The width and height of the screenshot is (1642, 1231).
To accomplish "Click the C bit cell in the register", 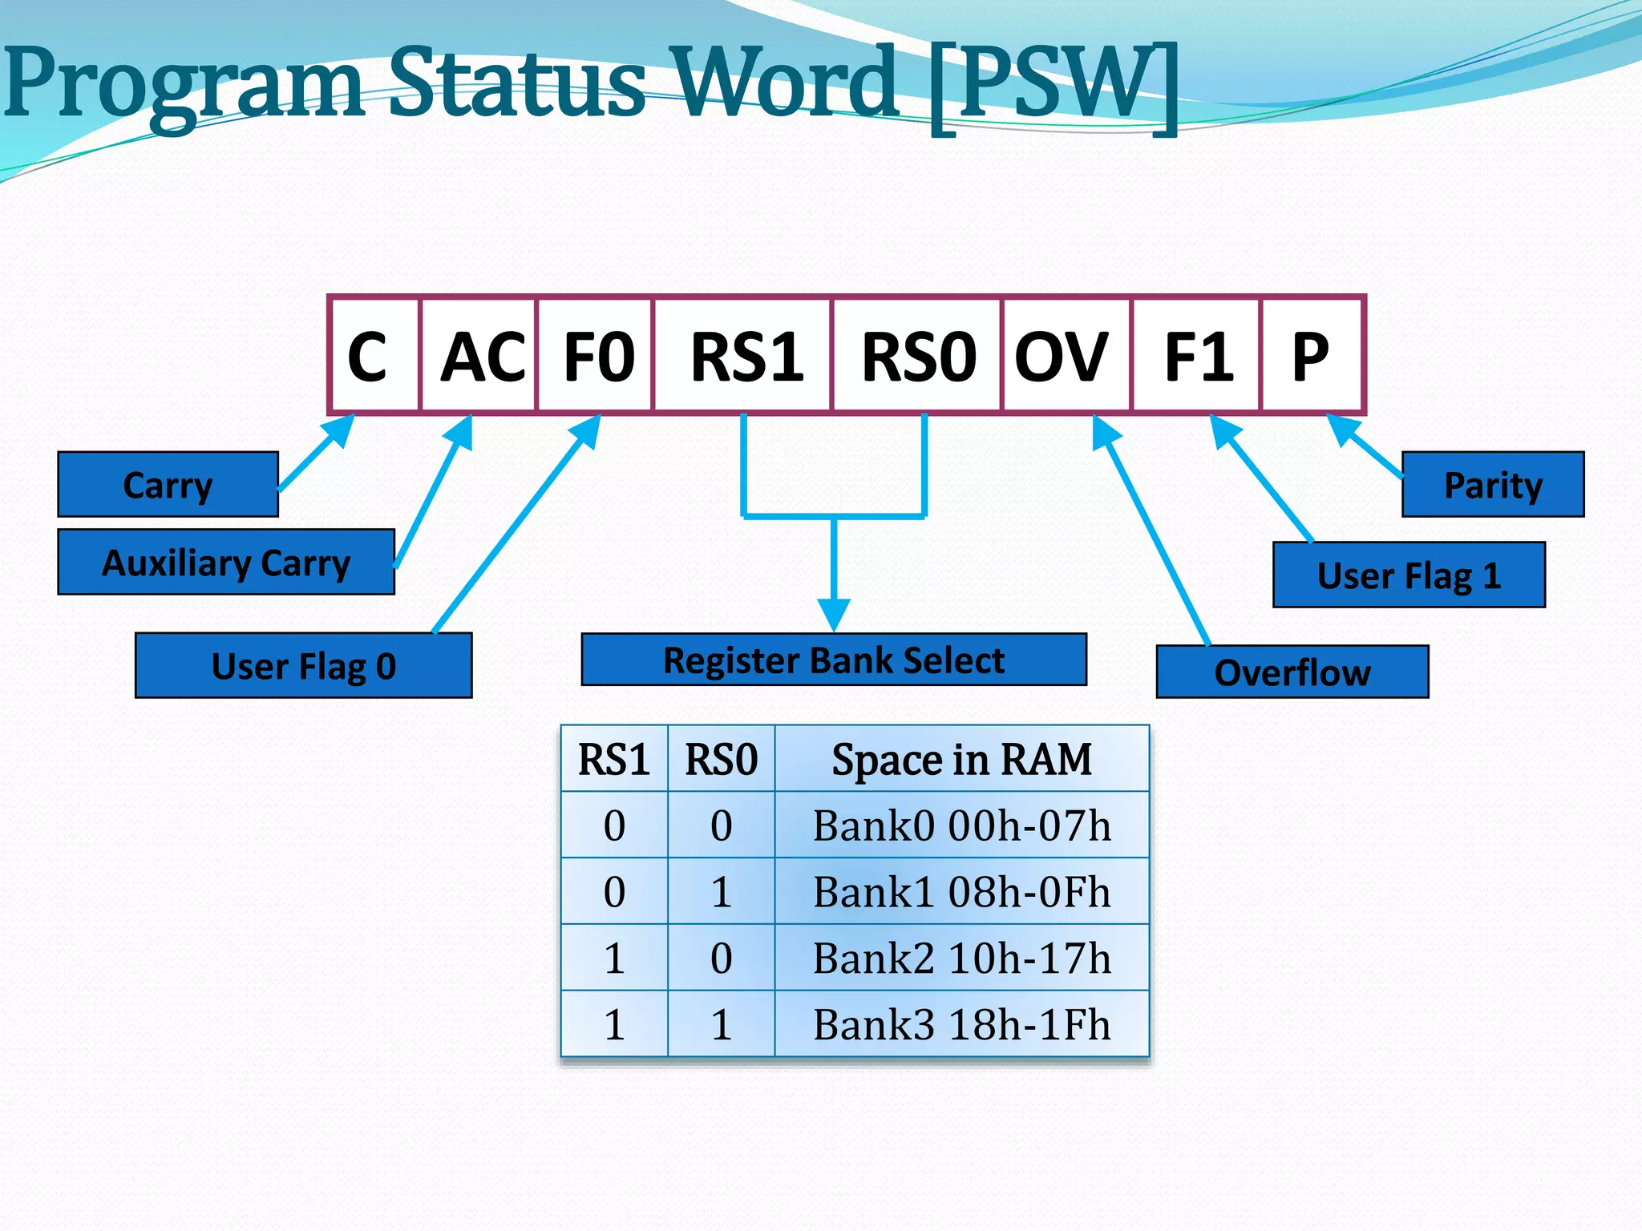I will [374, 356].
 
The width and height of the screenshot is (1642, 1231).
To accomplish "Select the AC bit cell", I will [479, 356].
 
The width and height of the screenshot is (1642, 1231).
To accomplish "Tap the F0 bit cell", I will [596, 356].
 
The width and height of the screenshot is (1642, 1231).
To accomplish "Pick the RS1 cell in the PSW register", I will [743, 356].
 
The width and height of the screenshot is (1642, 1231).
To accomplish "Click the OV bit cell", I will [1066, 356].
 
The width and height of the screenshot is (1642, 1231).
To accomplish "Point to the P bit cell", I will [1312, 356].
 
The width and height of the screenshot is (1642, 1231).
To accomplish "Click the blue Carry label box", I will [168, 485].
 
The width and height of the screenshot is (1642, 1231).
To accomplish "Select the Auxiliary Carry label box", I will [226, 563].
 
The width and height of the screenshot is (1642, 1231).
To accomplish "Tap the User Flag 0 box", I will [304, 666].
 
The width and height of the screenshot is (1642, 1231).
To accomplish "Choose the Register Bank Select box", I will [834, 660].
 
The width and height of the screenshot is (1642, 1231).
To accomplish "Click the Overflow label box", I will [1292, 672].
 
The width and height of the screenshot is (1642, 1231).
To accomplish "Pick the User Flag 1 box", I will [1409, 575].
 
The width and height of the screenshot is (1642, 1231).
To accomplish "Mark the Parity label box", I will [1493, 485].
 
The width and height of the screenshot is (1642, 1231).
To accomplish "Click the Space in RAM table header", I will [961, 759].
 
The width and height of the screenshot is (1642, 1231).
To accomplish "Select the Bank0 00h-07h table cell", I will [961, 825].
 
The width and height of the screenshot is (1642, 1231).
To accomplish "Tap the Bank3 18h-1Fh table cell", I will [961, 1024].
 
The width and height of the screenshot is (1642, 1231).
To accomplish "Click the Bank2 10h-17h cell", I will [961, 958].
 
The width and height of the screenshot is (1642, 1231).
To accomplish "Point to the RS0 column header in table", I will [721, 759].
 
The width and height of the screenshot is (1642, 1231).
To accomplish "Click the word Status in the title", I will [517, 82].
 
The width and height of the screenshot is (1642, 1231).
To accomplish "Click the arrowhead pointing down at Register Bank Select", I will [834, 615].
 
